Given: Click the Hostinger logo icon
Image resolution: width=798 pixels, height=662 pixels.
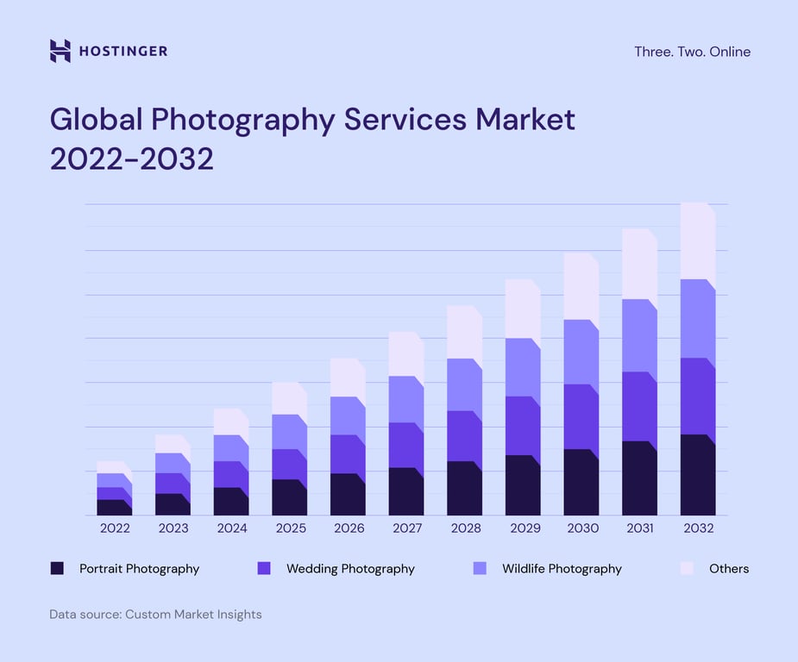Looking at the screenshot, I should point(60,51).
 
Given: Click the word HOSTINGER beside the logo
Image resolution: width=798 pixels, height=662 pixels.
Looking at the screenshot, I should point(123,52).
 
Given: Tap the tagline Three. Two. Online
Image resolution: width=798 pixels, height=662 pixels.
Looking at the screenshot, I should point(692,52).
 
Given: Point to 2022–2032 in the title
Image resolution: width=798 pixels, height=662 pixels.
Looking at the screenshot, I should point(131,159).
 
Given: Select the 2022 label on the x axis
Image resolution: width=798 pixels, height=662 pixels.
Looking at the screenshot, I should point(114,528).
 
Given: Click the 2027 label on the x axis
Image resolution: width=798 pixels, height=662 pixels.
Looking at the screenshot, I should point(406,528).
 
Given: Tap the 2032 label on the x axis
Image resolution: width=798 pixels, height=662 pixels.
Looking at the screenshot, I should point(698,528).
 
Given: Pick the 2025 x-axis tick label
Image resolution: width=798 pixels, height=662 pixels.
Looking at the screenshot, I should point(290,528).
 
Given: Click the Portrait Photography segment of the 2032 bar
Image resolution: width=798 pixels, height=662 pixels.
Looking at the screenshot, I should point(697,476).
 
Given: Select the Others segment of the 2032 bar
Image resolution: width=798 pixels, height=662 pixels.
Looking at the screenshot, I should point(697,241).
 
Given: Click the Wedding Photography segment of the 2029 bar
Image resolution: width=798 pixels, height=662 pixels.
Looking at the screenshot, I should point(522,427).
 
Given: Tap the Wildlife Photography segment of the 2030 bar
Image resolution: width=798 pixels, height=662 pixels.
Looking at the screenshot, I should point(581,353).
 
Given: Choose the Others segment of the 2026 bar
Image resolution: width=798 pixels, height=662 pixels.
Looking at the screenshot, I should point(347,378).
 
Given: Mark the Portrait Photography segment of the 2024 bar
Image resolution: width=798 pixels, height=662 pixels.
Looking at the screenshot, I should point(230,502).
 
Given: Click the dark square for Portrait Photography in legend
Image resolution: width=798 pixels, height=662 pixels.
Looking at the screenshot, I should point(57,568).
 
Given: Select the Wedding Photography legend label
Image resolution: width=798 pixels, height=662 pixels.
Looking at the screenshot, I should point(350,569).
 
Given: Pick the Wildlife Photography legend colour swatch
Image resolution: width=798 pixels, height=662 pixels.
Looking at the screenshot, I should point(481,568).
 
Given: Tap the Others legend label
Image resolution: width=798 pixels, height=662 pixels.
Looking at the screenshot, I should point(729,569).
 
